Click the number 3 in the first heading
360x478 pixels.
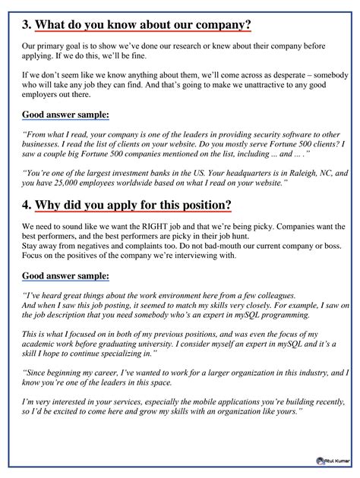click(26, 25)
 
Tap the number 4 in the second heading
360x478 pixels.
click(26, 206)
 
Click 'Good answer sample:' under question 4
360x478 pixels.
click(66, 275)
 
